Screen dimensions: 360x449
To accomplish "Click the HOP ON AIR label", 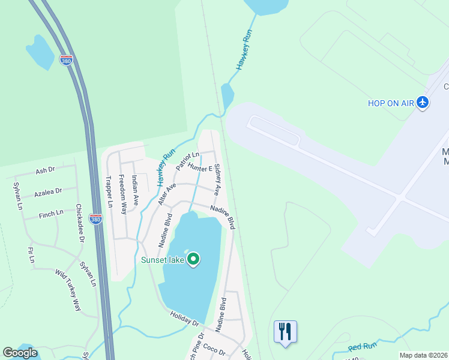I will [391, 103].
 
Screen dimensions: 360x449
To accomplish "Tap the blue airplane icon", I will [423, 103].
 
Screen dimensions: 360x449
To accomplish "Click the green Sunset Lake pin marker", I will [193, 259].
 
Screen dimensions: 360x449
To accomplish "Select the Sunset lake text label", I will [162, 260].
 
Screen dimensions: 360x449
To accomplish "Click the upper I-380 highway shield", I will [66, 60].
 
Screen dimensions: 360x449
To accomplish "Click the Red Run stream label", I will [362, 347].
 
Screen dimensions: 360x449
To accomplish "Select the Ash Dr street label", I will [45, 171].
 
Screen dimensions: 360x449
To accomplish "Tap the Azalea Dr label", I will [48, 193].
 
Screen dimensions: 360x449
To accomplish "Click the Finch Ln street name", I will [51, 214].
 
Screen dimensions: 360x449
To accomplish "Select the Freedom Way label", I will [123, 194].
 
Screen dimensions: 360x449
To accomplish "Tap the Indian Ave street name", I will [136, 190].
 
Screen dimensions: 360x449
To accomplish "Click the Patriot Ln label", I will [187, 160].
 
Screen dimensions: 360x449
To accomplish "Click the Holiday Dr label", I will [184, 319].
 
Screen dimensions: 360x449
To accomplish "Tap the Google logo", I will [20, 352].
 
